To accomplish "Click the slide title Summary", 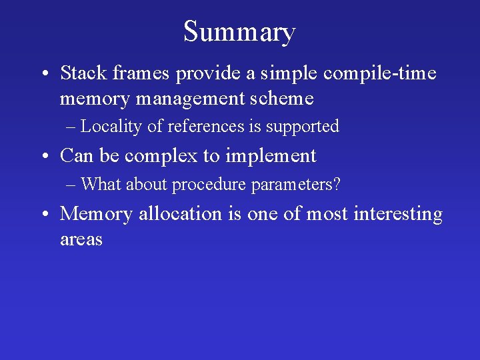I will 239,32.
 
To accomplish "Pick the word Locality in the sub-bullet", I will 111,126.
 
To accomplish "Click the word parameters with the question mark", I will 296,185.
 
